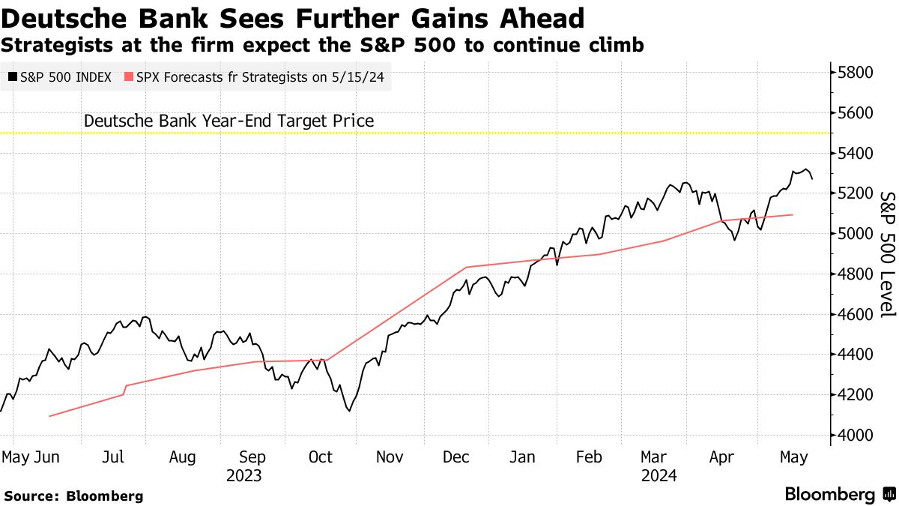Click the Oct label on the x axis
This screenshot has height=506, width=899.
tap(321, 457)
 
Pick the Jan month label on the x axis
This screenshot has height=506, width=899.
tap(522, 457)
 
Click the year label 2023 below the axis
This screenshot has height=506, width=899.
tap(244, 475)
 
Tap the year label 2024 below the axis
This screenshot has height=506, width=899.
tap(659, 475)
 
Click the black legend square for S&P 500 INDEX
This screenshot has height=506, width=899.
tap(13, 76)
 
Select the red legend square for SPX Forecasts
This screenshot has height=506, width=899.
tap(130, 76)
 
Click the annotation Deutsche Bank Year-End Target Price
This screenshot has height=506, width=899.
tap(228, 121)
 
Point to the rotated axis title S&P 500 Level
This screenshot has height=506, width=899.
tap(887, 253)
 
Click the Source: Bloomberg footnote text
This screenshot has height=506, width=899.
tap(73, 496)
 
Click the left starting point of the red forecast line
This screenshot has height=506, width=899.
tap(49, 416)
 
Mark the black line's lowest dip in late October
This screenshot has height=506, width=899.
tap(348, 410)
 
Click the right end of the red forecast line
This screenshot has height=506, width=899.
tap(793, 214)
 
